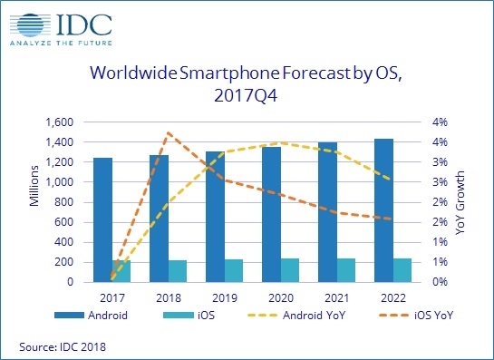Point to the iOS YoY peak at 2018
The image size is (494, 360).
(x=167, y=132)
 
